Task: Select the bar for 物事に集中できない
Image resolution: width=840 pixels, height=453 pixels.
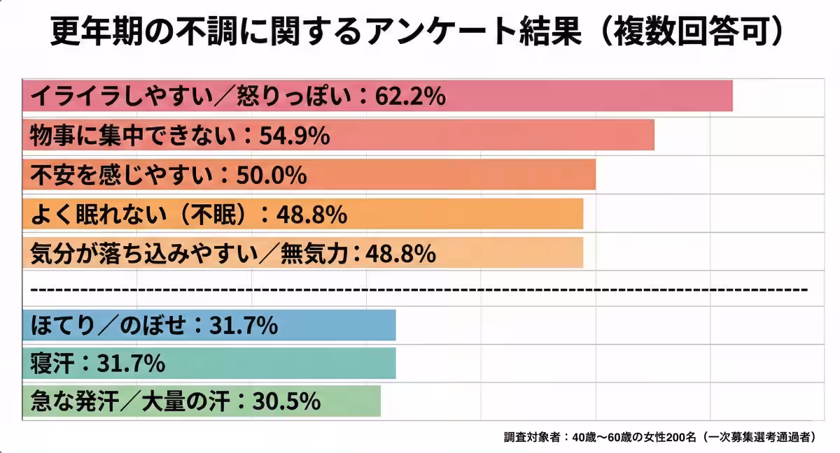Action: pyautogui.click(x=490, y=135)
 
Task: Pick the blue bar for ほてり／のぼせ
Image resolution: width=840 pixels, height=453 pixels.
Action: pyautogui.click(x=336, y=326)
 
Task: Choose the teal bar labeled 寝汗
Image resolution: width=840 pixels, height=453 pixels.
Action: pyautogui.click(x=280, y=364)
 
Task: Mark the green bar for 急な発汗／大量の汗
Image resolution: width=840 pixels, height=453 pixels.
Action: pyautogui.click(x=350, y=401)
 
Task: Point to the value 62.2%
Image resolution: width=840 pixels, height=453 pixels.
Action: pyautogui.click(x=410, y=96)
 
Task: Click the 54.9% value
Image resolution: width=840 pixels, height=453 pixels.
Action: pyautogui.click(x=294, y=135)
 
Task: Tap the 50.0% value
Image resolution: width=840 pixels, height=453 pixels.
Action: pyautogui.click(x=271, y=174)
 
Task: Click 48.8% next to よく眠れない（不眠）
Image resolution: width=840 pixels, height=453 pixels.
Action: pyautogui.click(x=311, y=214)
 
